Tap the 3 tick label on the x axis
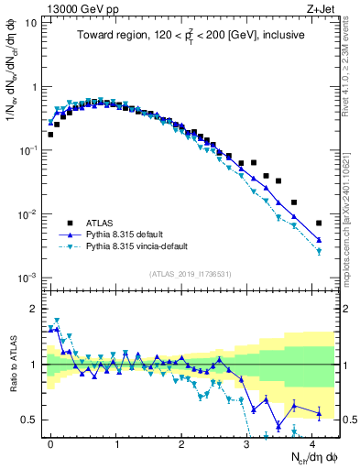pos(246,442)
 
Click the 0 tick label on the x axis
pos(50,442)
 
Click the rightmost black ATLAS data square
pos(318,223)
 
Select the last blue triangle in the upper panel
pos(318,240)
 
